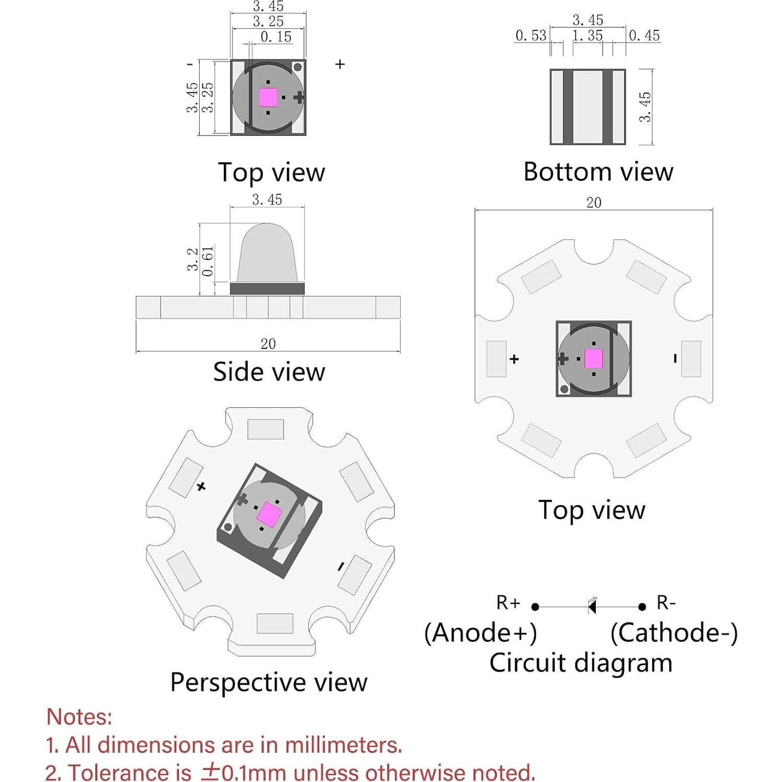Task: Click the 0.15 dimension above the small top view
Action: pyautogui.click(x=276, y=37)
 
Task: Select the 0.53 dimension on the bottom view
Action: pyautogui.click(x=530, y=36)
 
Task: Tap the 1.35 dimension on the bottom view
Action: pyautogui.click(x=587, y=36)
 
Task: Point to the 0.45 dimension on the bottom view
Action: pyautogui.click(x=644, y=36)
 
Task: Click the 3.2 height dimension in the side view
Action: pyautogui.click(x=192, y=259)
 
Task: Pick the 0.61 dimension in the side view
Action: pyautogui.click(x=208, y=261)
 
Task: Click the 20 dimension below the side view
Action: pyautogui.click(x=268, y=344)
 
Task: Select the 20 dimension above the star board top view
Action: pyautogui.click(x=594, y=202)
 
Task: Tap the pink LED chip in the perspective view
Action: pyautogui.click(x=269, y=514)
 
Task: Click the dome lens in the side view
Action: pyautogui.click(x=267, y=253)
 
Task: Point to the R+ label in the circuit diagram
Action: pyautogui.click(x=508, y=603)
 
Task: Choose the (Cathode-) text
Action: pyautogui.click(x=674, y=633)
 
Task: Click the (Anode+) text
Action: pyautogui.click(x=480, y=633)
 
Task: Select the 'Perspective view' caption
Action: pyautogui.click(x=269, y=682)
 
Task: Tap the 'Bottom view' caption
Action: pyautogui.click(x=598, y=172)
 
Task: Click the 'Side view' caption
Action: pyautogui.click(x=269, y=372)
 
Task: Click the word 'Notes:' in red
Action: pyautogui.click(x=79, y=717)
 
